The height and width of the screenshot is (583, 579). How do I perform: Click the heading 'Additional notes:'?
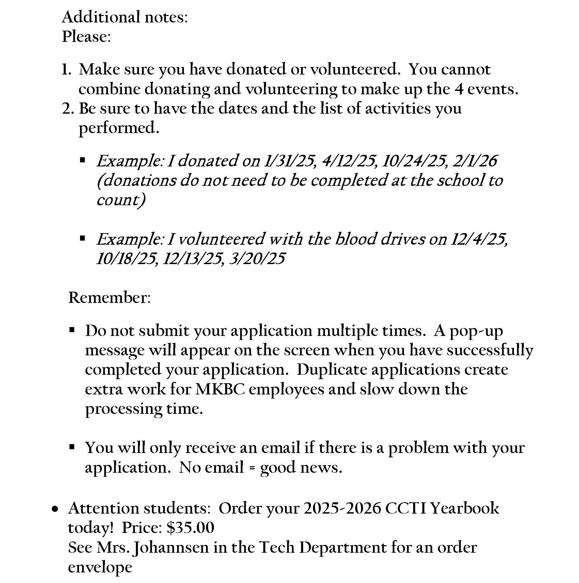click(x=125, y=17)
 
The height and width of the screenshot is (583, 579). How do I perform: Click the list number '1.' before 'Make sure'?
click(x=66, y=69)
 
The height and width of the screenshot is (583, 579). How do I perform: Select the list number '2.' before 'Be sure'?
click(x=67, y=109)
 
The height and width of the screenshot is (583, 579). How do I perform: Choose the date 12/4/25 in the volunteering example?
click(x=479, y=239)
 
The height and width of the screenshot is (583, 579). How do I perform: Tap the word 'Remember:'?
click(x=109, y=298)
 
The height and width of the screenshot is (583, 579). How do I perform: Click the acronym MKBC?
click(x=220, y=389)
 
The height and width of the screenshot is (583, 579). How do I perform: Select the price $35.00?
click(x=190, y=528)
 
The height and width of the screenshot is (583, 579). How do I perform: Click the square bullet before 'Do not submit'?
click(x=72, y=330)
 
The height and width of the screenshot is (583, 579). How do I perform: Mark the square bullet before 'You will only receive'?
click(x=72, y=447)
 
